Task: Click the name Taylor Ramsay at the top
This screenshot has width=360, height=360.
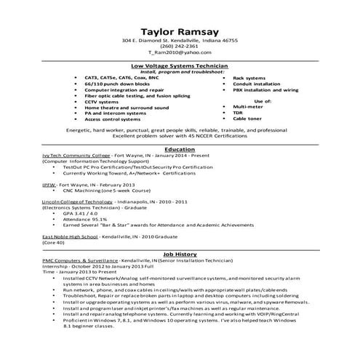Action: coord(179,32)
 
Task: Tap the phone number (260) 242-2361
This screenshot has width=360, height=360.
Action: coord(180,47)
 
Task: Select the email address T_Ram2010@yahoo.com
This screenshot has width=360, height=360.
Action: coord(180,53)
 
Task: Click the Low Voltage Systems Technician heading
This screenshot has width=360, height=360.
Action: coord(179,65)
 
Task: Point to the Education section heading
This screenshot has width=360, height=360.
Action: coord(180,149)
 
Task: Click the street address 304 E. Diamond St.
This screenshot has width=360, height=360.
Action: coord(150,40)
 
